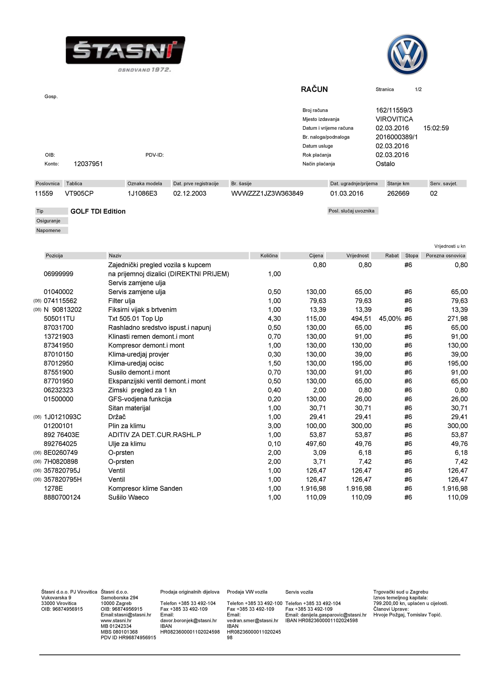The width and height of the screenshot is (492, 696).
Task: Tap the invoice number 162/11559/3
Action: click(x=394, y=110)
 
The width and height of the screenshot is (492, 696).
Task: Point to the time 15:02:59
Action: click(x=436, y=128)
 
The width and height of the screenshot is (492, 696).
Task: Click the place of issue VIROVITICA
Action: click(x=394, y=119)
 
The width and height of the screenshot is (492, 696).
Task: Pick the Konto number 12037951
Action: click(x=88, y=164)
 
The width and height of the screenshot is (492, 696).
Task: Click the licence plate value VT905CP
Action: click(x=79, y=193)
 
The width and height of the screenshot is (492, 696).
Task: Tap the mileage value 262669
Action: click(x=398, y=193)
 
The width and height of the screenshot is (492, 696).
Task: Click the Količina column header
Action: click(x=269, y=256)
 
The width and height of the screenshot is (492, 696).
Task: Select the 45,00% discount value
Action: click(x=390, y=319)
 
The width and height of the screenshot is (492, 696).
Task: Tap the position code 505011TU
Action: click(x=59, y=319)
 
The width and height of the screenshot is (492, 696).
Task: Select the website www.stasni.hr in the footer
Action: click(x=116, y=621)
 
